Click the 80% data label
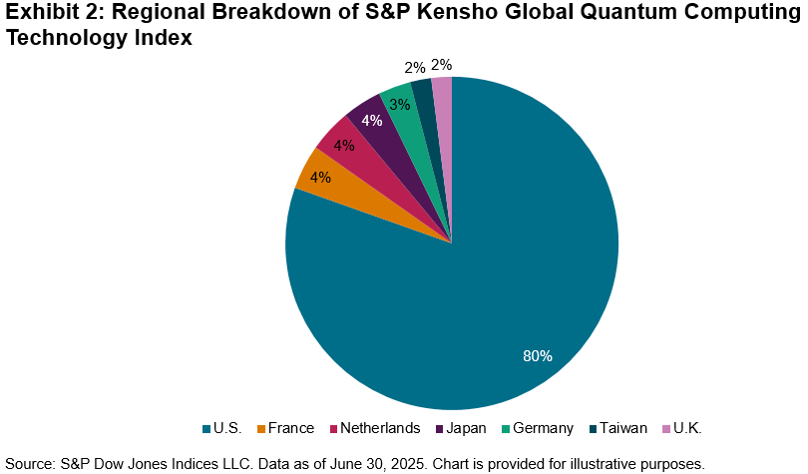coord(538,355)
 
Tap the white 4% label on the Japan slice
coord(372,122)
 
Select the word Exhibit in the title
coord(38,13)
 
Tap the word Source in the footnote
coord(29,463)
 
